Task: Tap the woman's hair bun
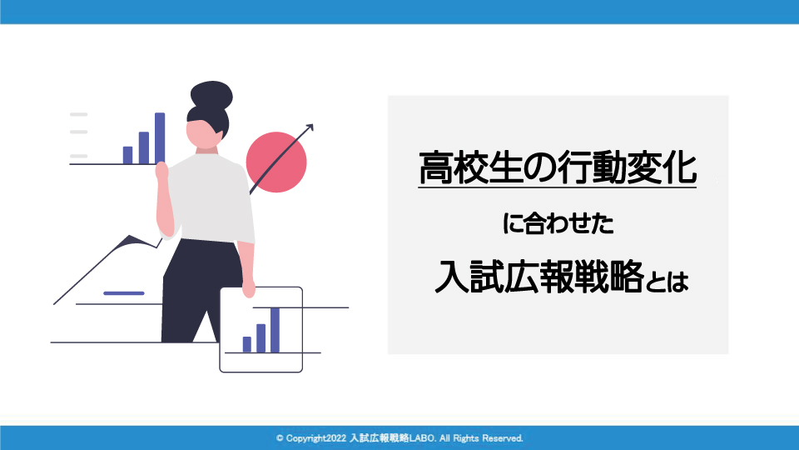click(x=211, y=95)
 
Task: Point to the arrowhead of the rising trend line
click(x=309, y=127)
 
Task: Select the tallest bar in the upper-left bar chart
click(x=160, y=138)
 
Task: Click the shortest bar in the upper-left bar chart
click(x=127, y=155)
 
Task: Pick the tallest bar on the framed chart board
click(x=275, y=330)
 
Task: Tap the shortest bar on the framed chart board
click(x=247, y=344)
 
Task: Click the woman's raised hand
click(x=161, y=171)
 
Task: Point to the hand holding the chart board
click(x=248, y=288)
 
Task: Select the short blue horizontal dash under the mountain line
click(x=124, y=293)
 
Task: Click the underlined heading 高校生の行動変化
click(x=558, y=167)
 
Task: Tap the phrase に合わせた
click(x=558, y=223)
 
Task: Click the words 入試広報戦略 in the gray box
click(x=539, y=277)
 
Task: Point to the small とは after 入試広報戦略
click(x=667, y=282)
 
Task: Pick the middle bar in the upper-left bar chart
click(x=144, y=148)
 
